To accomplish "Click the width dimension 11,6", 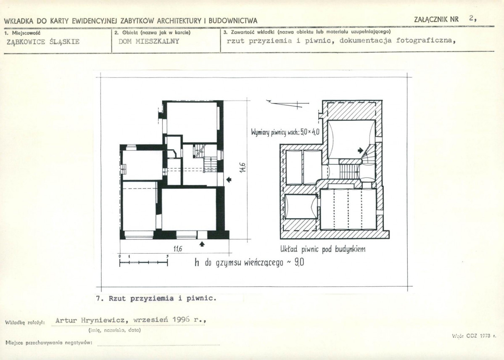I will coord(178,249).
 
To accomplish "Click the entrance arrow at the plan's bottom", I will coord(202,244).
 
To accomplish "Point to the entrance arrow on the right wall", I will coord(229,180).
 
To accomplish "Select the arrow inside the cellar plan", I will coord(360,150).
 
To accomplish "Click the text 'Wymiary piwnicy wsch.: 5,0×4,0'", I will coord(285,132).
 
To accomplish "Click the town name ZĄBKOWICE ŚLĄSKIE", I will coord(43,42).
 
